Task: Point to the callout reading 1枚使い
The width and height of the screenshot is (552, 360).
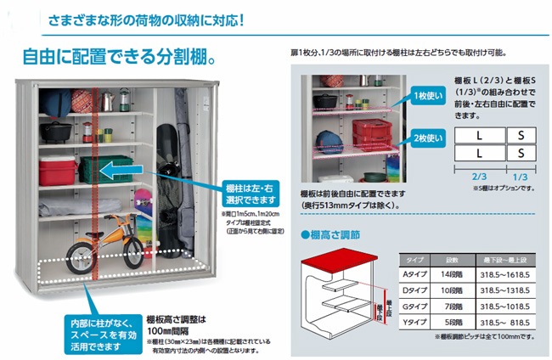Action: point(424,96)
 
